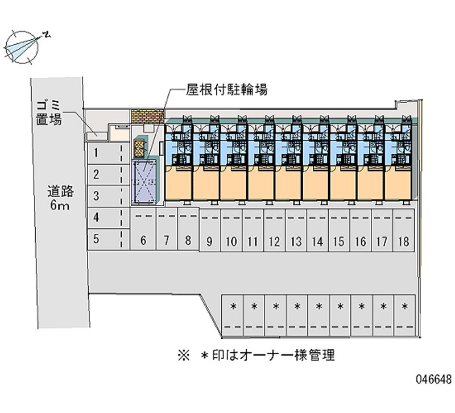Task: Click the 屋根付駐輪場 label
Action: point(226,90)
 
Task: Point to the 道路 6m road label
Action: point(59,199)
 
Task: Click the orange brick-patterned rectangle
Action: point(147,116)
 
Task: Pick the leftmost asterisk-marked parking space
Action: point(233,311)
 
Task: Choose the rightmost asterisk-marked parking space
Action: point(404,311)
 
